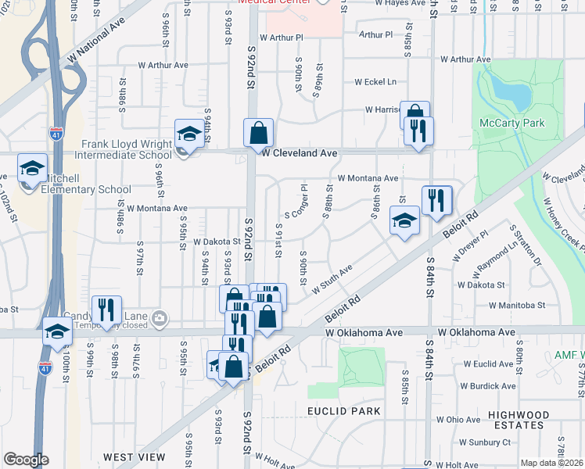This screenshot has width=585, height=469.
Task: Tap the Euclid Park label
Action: pyautogui.click(x=343, y=411)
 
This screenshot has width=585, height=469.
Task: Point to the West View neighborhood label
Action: pyautogui.click(x=134, y=456)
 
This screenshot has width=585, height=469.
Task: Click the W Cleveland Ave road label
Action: pyautogui.click(x=300, y=153)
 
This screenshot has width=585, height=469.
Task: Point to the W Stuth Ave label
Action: pyautogui.click(x=332, y=278)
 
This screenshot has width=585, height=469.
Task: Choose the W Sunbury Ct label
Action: pyautogui.click(x=484, y=442)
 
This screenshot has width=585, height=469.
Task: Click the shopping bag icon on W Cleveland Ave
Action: pyautogui.click(x=258, y=134)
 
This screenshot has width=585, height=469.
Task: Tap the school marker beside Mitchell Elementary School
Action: pyautogui.click(x=33, y=168)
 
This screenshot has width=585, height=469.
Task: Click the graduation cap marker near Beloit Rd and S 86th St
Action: pyautogui.click(x=404, y=221)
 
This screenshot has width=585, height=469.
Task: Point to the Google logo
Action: pyautogui.click(x=26, y=460)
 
